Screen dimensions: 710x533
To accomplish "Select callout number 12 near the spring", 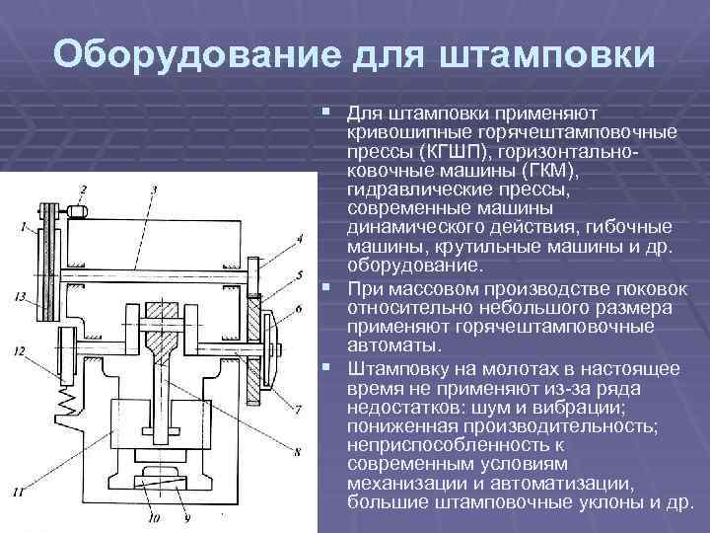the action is click(x=20, y=351).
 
